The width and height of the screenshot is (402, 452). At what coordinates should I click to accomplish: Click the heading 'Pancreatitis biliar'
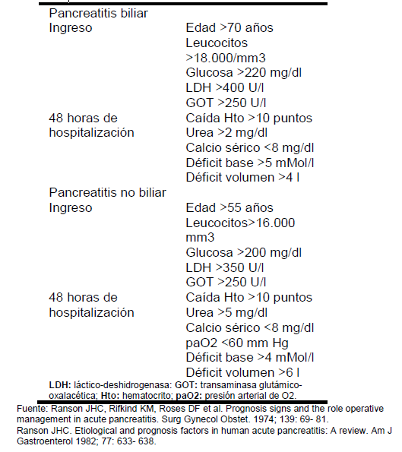click(99, 14)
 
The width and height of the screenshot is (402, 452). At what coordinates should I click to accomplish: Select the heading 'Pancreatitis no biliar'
click(108, 193)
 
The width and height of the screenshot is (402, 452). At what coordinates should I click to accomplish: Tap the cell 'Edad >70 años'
click(229, 28)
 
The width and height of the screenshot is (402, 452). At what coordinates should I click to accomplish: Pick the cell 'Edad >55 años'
click(229, 207)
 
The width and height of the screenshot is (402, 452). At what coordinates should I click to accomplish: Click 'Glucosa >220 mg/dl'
click(244, 73)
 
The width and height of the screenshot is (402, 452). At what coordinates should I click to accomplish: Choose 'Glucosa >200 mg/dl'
click(244, 252)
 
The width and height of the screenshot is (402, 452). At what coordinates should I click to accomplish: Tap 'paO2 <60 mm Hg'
click(237, 342)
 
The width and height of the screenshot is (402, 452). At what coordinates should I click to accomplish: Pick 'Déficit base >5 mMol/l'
click(249, 163)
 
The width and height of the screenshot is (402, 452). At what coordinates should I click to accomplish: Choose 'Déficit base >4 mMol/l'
click(249, 357)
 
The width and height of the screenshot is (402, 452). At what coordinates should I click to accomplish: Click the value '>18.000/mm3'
click(225, 58)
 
